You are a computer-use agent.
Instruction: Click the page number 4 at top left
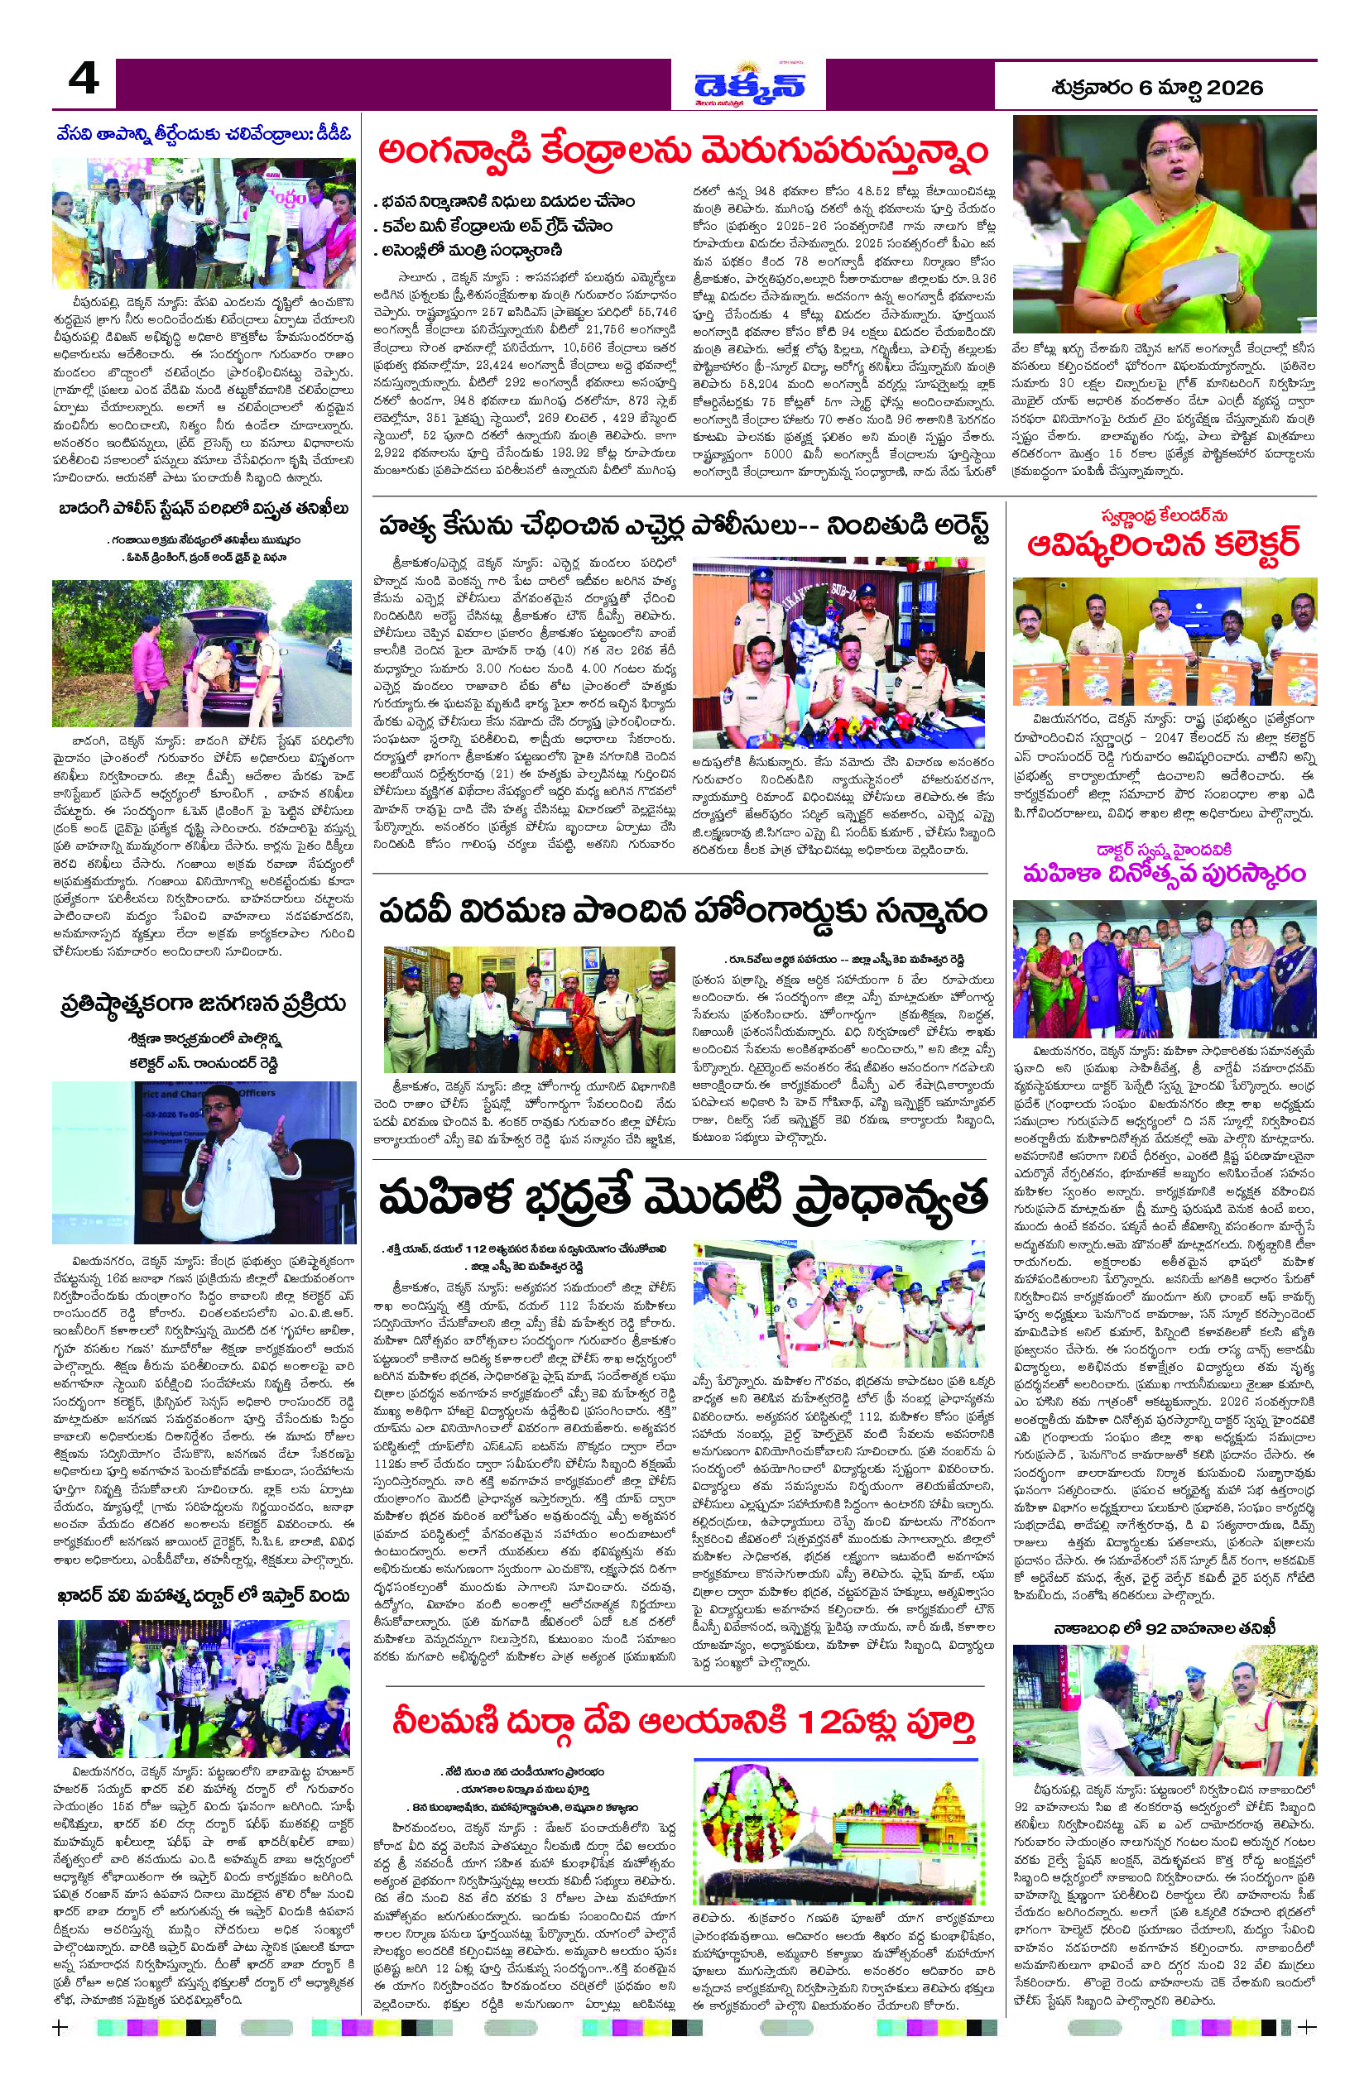point(84,82)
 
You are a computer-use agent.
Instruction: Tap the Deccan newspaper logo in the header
point(748,85)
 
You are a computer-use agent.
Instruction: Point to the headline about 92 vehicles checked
point(1164,1628)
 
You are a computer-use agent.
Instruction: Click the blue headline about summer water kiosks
point(204,134)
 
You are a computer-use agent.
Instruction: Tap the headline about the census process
point(204,1004)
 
